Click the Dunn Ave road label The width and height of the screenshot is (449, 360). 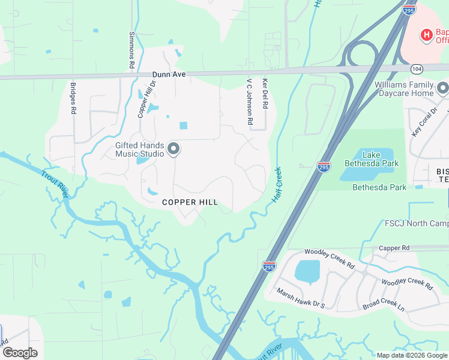[169, 74]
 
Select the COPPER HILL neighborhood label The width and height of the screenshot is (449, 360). [190, 202]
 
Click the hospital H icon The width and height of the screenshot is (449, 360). [426, 35]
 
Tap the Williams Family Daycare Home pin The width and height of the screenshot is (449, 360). [443, 89]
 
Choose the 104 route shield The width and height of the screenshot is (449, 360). [417, 69]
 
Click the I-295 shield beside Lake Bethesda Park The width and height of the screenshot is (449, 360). [324, 166]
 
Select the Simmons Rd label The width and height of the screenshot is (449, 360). [131, 50]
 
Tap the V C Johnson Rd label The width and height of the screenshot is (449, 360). [250, 101]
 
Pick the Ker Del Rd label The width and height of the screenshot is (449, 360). [264, 95]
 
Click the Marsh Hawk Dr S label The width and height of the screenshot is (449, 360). [301, 298]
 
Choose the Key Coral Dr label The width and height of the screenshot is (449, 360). [424, 123]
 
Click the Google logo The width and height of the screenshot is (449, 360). [20, 353]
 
